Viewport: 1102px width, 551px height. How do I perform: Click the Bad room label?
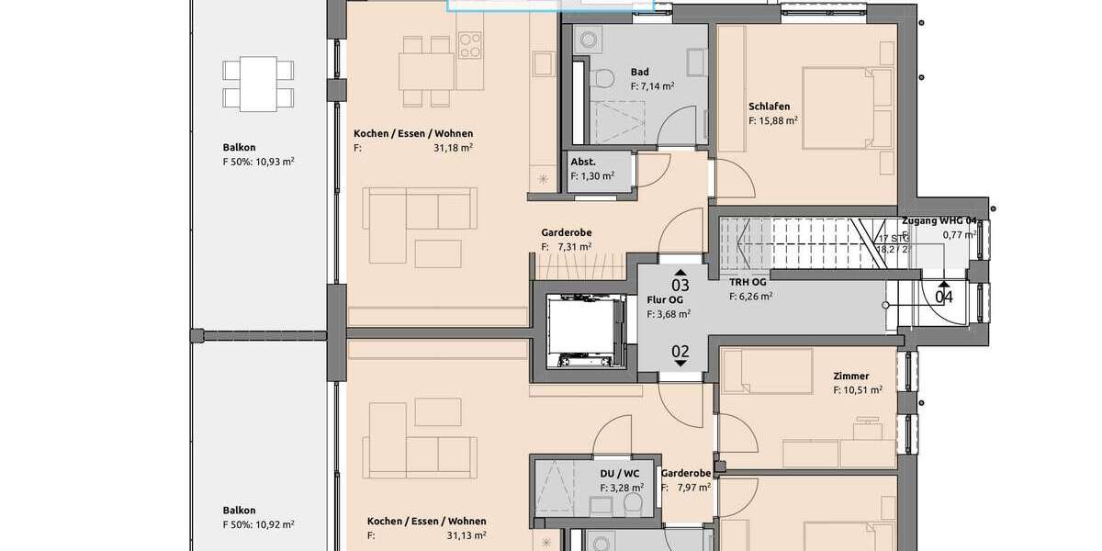640,72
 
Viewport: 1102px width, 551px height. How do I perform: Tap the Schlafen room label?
769,107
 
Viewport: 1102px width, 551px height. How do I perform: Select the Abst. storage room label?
582,162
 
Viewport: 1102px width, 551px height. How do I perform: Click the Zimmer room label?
850,376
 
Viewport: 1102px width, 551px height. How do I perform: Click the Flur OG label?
664,299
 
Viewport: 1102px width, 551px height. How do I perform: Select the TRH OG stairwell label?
748,282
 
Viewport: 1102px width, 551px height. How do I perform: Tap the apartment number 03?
680,286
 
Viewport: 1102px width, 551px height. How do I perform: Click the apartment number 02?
680,350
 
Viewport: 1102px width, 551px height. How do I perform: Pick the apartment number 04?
943,297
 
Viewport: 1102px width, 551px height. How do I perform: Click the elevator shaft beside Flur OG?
585,332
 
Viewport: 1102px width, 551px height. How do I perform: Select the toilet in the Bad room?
603,79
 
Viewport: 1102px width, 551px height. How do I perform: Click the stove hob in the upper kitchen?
470,44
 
